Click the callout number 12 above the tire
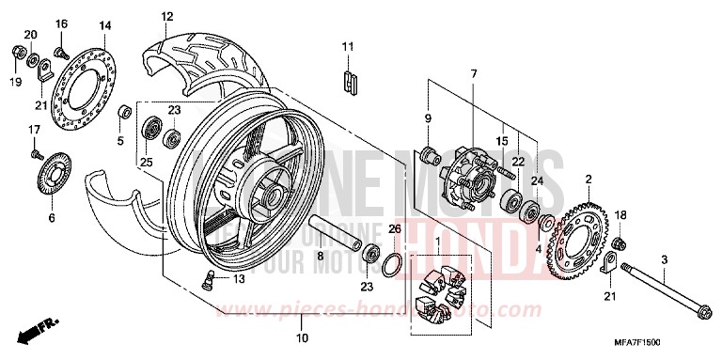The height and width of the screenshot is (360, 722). point(166,16)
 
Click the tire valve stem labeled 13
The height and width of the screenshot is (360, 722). point(212,275)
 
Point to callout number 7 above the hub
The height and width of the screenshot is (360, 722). point(474,73)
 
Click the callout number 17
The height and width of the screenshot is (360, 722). point(33,129)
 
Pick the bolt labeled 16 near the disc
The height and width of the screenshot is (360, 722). point(62,40)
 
